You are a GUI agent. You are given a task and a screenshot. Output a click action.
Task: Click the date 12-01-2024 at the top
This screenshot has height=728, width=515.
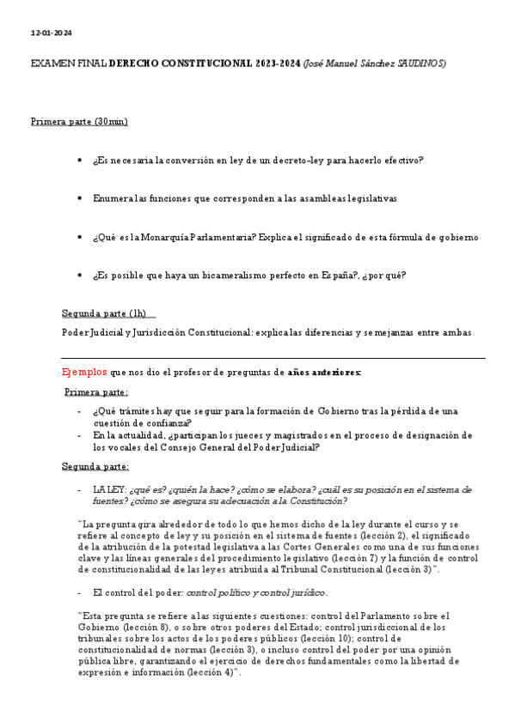pos(51,33)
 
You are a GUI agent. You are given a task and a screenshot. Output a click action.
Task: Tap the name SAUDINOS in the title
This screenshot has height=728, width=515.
pos(420,64)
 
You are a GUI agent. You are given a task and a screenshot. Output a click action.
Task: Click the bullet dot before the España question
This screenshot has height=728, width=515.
pos(79,276)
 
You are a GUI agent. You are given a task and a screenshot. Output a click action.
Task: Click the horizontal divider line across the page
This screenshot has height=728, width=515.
pos(273,358)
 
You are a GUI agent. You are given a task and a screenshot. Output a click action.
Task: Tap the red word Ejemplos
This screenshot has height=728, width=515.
pos(84,372)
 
